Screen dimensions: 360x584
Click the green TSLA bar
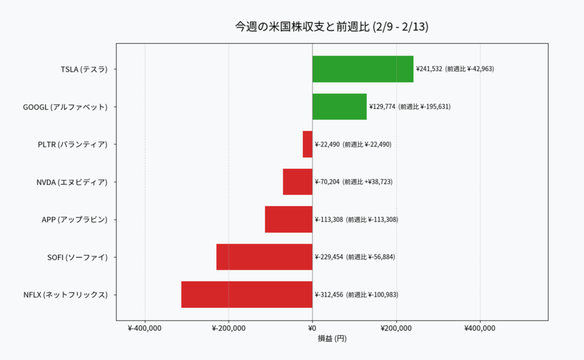tap(363, 69)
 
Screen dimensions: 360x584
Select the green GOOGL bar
tap(339, 107)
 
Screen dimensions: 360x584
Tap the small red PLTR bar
tap(307, 144)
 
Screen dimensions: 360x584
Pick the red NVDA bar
tap(298, 182)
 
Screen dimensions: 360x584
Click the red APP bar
tap(289, 220)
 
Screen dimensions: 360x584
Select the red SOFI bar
tap(264, 257)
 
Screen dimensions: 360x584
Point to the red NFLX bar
tap(246, 295)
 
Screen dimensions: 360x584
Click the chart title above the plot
tap(331, 27)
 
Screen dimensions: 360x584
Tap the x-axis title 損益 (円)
tap(332, 338)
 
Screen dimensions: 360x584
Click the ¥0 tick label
tap(312, 328)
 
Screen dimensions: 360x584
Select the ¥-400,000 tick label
tap(145, 328)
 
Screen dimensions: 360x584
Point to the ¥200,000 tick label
tap(396, 328)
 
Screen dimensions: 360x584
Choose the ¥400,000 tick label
tap(480, 328)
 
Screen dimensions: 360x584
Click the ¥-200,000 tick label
tap(228, 328)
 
